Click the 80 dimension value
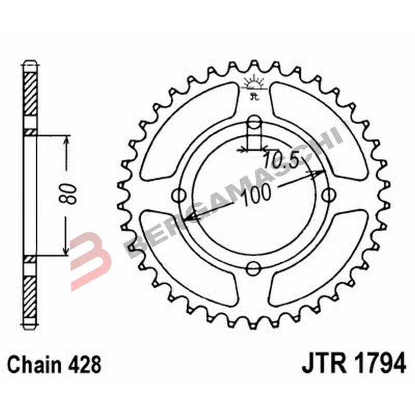point(71,193)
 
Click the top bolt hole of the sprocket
point(254,123)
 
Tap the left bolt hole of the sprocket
point(179,196)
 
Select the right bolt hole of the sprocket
point(328,196)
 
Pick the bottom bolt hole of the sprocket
point(254,268)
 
